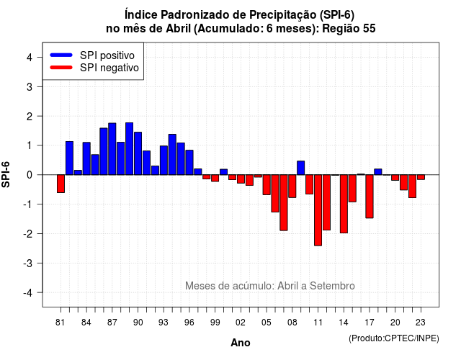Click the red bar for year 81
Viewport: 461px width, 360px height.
point(61,184)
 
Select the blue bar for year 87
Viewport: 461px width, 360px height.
point(112,149)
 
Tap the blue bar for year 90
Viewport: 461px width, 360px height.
point(138,153)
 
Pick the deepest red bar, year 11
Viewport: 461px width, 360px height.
point(318,210)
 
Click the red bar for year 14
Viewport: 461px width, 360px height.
point(344,204)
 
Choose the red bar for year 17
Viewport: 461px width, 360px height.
point(370,197)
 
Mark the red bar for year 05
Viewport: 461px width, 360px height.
point(267,185)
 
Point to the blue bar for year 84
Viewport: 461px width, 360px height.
point(86,158)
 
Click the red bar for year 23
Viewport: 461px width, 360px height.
point(421,177)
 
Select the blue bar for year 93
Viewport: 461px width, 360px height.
point(164,160)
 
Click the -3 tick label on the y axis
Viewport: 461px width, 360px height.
point(28,263)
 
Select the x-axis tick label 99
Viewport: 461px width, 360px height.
point(215,323)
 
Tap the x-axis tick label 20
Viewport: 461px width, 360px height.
point(395,323)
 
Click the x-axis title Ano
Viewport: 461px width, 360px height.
point(240,343)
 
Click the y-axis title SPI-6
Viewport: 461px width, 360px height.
point(6,174)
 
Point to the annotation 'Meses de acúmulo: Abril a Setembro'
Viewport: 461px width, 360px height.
point(270,286)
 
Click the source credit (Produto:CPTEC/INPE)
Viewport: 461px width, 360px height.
point(394,338)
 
